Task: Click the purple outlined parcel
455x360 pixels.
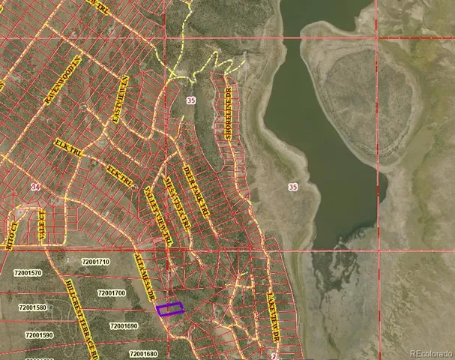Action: [169, 308]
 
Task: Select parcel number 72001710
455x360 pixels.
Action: [95, 262]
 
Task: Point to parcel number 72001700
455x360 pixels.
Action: [111, 292]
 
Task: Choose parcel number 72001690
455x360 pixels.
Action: [124, 325]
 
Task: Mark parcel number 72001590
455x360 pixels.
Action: [39, 335]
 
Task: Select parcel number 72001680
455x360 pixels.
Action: [143, 353]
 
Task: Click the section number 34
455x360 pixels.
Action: [35, 185]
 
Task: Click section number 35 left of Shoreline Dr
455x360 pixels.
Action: [193, 100]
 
